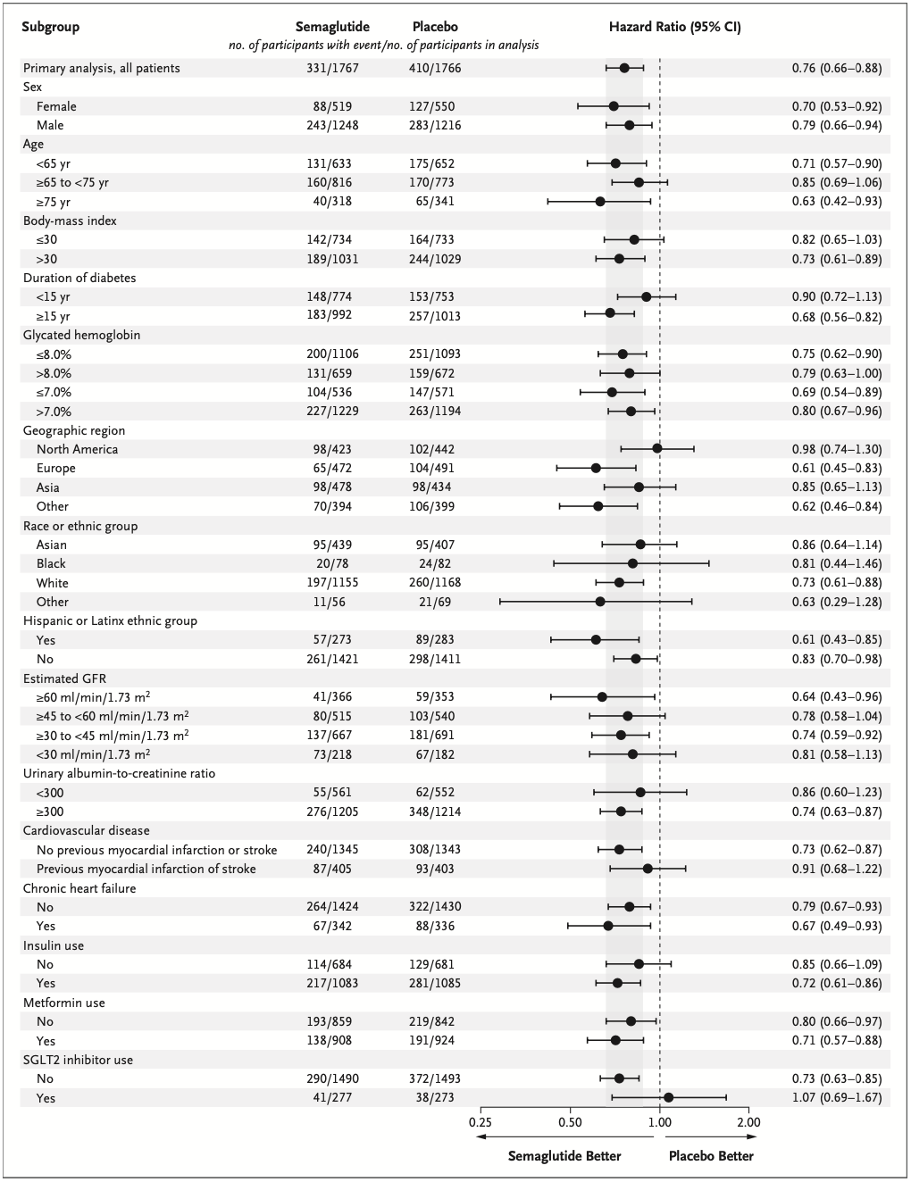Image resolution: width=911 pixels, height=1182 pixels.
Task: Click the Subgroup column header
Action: coord(51,27)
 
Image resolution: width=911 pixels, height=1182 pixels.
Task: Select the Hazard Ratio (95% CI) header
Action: coord(674,27)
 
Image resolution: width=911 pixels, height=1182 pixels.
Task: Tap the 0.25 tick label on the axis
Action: coord(480,1122)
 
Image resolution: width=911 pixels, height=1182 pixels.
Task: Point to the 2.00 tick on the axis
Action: coord(748,1122)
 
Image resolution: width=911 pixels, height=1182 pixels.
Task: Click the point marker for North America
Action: coord(657,449)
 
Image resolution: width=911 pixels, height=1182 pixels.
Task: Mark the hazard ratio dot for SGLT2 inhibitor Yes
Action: coord(668,1098)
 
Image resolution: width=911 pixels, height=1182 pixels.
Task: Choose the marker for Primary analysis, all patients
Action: coord(624,68)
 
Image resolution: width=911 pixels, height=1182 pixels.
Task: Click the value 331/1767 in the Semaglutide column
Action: coord(332,68)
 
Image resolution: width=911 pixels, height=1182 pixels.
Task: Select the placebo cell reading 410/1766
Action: coord(435,68)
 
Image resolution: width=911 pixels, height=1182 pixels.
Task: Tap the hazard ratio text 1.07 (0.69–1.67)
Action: coord(837,1098)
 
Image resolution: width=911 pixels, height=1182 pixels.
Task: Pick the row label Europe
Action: coord(56,468)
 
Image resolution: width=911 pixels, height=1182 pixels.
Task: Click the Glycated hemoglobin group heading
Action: coord(81,335)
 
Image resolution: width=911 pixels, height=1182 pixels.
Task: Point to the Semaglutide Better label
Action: coord(564,1156)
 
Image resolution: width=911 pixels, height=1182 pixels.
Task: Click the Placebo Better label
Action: coord(711,1156)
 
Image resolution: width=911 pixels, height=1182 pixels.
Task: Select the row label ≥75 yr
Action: coord(53,202)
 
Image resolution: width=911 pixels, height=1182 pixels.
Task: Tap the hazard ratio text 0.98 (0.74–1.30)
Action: coord(837,449)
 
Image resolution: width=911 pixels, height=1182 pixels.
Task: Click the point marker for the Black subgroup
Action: coord(632,563)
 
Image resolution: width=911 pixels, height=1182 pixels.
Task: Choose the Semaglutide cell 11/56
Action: coord(332,602)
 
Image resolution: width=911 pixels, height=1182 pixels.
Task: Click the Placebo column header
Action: coord(435,27)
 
